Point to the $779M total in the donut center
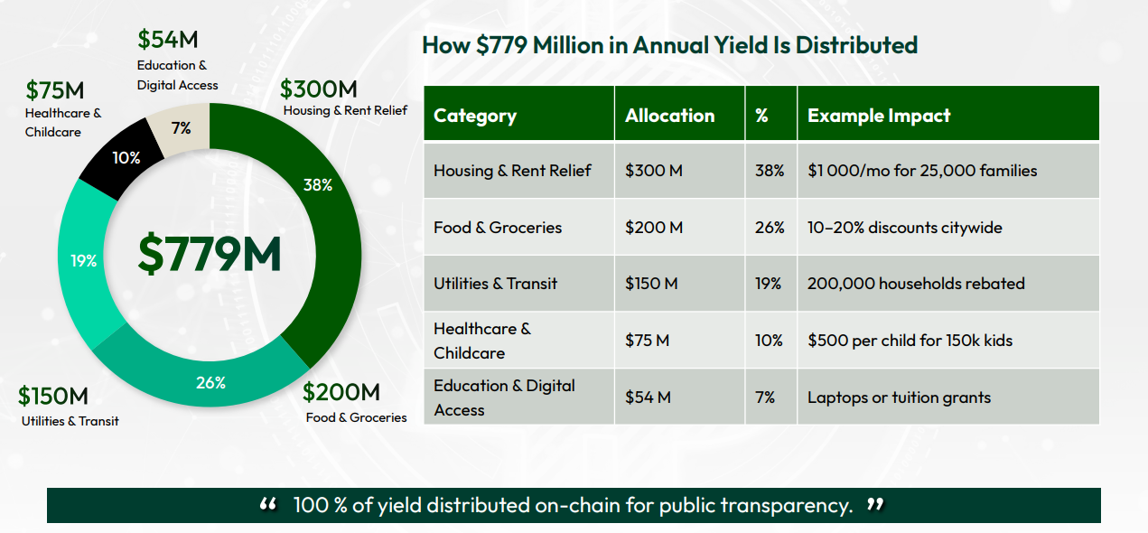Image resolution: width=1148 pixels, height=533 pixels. click(x=210, y=255)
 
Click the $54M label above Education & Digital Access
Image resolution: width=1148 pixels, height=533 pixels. click(x=168, y=40)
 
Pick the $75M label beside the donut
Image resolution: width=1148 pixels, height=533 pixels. click(x=54, y=90)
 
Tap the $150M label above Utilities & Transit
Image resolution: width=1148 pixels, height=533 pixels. click(x=53, y=396)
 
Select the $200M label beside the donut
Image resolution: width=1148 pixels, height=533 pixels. click(x=341, y=392)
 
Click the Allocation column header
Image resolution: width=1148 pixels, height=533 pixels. click(x=669, y=116)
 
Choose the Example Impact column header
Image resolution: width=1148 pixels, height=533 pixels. click(x=879, y=116)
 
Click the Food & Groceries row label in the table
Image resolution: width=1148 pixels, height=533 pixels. click(x=497, y=228)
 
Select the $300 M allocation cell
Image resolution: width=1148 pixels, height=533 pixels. click(x=654, y=171)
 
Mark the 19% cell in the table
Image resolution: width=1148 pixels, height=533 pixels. click(x=769, y=284)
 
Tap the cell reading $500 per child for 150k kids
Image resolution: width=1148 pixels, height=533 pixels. click(x=910, y=341)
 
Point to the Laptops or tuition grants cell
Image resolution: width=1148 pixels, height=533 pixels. click(x=899, y=397)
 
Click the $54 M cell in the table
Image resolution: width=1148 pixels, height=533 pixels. click(x=648, y=397)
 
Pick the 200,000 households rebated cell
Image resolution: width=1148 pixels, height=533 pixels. click(x=916, y=284)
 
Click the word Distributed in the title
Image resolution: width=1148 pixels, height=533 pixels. click(x=854, y=45)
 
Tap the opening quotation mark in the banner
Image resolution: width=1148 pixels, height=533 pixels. click(x=268, y=505)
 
